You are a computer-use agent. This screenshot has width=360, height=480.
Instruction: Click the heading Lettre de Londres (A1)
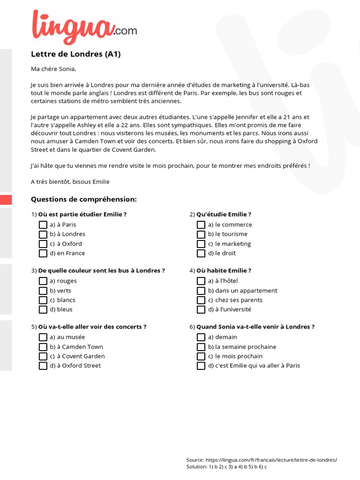click(x=75, y=54)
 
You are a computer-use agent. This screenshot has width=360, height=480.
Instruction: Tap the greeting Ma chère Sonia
click(x=53, y=69)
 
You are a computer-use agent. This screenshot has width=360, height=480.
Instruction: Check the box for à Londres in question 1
click(x=43, y=234)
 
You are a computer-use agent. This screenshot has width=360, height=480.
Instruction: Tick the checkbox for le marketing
click(x=201, y=244)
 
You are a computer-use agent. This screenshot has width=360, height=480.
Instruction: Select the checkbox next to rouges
click(x=43, y=281)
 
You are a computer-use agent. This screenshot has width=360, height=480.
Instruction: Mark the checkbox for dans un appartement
click(x=201, y=291)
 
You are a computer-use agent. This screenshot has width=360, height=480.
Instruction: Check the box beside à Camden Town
click(x=43, y=347)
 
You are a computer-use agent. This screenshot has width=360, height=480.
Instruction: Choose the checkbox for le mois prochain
click(x=201, y=356)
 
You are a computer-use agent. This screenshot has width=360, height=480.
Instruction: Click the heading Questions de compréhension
click(x=83, y=199)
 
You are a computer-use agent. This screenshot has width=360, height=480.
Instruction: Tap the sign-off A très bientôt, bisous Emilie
click(x=70, y=181)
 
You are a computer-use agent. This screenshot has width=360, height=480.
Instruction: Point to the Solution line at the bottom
click(x=226, y=467)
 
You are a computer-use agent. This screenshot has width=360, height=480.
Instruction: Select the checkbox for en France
click(x=43, y=254)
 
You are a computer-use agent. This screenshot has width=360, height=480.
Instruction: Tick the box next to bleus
click(x=43, y=310)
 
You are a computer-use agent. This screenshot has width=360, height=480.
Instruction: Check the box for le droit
click(x=201, y=254)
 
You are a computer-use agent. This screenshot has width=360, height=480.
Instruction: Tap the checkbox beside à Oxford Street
click(x=43, y=366)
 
